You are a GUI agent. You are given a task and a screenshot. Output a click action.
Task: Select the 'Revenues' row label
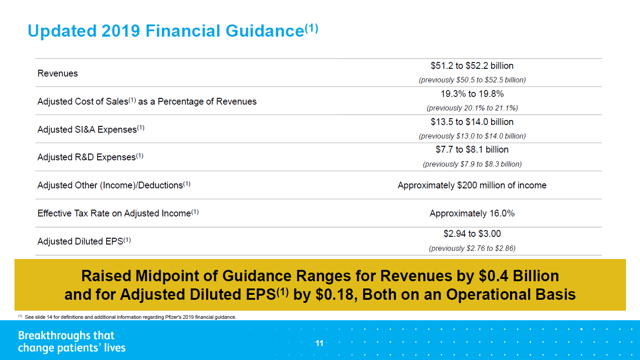pyautogui.click(x=57, y=73)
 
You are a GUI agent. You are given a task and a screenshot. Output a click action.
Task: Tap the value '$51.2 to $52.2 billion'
pyautogui.click(x=472, y=66)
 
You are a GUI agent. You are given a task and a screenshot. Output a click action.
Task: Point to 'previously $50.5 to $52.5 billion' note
pyautogui.click(x=472, y=80)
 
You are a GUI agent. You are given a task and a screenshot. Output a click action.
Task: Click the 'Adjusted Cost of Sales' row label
pyautogui.click(x=146, y=101)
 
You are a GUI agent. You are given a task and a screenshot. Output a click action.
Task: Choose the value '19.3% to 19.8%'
pyautogui.click(x=472, y=94)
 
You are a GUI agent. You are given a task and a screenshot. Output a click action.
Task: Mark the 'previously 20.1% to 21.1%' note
pyautogui.click(x=472, y=108)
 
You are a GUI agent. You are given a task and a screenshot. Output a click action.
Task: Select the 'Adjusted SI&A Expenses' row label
pyautogui.click(x=91, y=129)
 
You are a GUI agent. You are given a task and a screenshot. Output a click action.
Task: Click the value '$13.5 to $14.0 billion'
pyautogui.click(x=472, y=122)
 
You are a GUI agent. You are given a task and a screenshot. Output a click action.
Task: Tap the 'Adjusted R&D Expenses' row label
pyautogui.click(x=91, y=157)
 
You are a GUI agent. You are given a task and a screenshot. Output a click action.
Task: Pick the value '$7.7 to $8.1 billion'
pyautogui.click(x=472, y=150)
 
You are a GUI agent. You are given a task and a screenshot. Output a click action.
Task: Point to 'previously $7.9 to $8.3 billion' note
pyautogui.click(x=472, y=164)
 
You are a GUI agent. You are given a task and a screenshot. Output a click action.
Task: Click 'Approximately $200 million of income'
pyautogui.click(x=472, y=185)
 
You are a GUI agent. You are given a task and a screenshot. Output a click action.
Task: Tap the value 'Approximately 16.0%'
pyautogui.click(x=472, y=213)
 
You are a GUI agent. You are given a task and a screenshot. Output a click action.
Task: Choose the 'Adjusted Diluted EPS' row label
pyautogui.click(x=84, y=241)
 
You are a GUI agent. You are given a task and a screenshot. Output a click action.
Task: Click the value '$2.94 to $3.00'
pyautogui.click(x=472, y=234)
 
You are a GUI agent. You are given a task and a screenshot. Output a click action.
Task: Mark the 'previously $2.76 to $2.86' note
pyautogui.click(x=472, y=248)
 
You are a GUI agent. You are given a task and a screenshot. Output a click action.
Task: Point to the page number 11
pyautogui.click(x=320, y=343)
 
